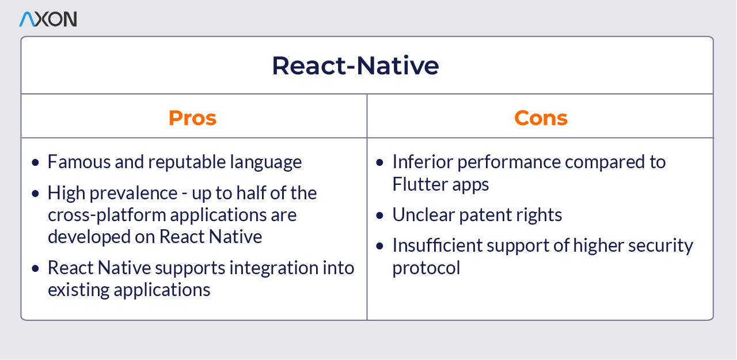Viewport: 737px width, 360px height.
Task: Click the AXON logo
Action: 48,19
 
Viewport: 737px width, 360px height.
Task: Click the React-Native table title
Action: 355,66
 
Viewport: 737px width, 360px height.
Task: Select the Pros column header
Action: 192,118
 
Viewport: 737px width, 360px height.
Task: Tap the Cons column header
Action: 541,118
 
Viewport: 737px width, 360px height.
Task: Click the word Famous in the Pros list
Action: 79,162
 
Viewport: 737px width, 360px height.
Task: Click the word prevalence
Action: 133,193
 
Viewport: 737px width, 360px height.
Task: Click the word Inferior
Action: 423,162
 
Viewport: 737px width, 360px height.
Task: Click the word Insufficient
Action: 437,245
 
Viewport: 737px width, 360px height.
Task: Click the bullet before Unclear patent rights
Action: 379,215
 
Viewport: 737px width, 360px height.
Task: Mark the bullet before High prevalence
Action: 35,193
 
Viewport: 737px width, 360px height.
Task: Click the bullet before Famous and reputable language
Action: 35,162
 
